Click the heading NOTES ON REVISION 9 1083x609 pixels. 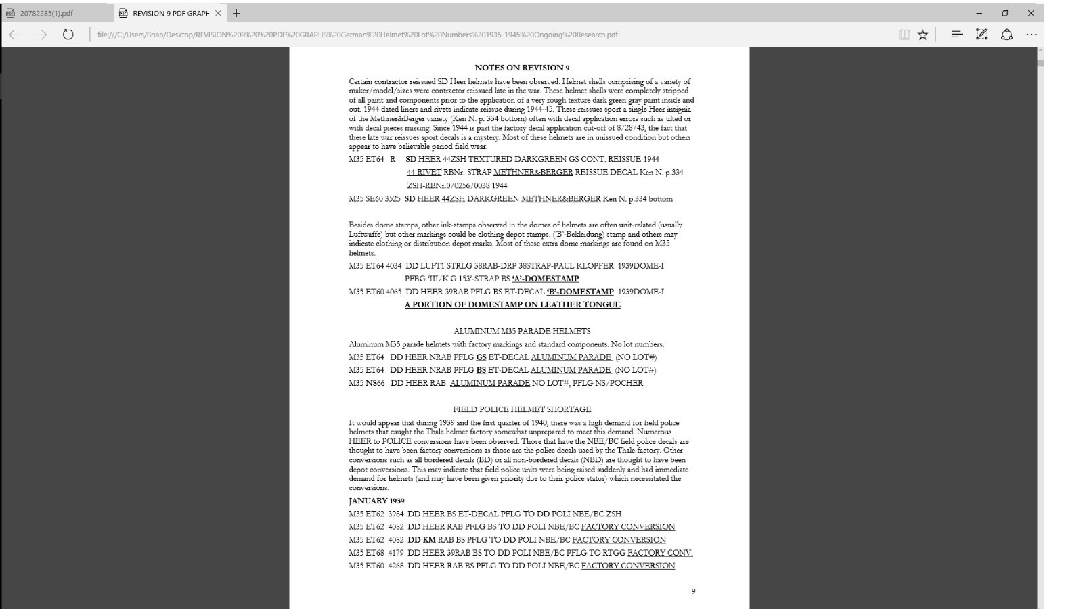coord(522,68)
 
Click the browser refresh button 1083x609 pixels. coord(68,35)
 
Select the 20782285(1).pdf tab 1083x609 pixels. coord(47,13)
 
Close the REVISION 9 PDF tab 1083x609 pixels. coord(218,13)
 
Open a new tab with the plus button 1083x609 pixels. coord(236,13)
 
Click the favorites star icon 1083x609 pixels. coord(923,35)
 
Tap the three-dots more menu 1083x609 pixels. coord(1031,35)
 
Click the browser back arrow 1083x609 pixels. coord(15,35)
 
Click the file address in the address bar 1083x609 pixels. coord(357,35)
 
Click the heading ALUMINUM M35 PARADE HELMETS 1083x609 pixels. coord(522,331)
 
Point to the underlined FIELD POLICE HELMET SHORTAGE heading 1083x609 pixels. coord(522,409)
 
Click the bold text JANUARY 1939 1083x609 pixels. coord(376,501)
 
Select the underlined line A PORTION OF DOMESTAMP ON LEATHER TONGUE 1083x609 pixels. coord(512,304)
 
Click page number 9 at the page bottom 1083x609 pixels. coord(693,591)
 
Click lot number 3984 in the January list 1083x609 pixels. coord(395,514)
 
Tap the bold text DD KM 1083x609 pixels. coord(422,540)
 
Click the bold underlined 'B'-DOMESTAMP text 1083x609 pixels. coord(580,292)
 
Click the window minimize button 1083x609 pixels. coord(979,13)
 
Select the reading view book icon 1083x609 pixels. coord(904,35)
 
